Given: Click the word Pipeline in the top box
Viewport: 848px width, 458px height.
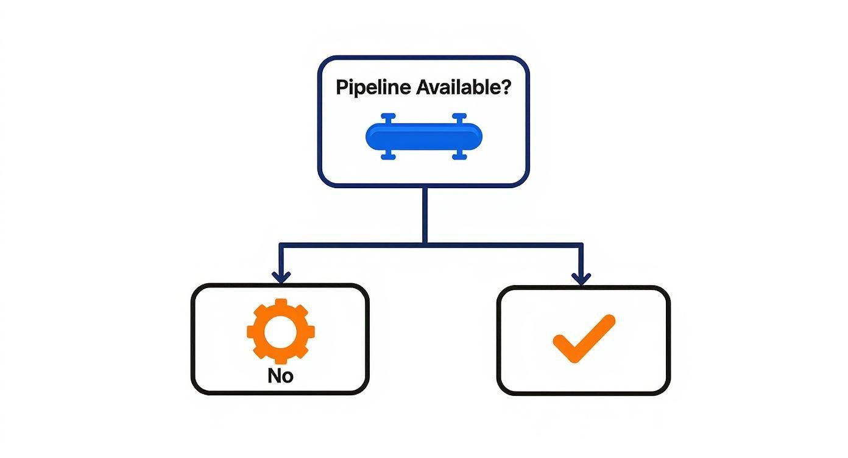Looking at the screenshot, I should [x=373, y=87].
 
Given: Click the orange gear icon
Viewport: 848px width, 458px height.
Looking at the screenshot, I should [x=280, y=331].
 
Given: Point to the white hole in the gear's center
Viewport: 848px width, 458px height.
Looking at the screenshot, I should [x=280, y=331].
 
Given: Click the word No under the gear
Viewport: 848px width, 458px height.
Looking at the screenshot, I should [x=280, y=376].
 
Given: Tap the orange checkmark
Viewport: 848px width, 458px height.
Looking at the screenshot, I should [x=583, y=339].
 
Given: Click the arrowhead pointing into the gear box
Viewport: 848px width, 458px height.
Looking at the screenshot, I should [x=280, y=277].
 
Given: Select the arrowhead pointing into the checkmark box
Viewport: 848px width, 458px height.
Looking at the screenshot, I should [x=581, y=278].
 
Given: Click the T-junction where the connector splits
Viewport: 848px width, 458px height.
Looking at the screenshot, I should [x=424, y=244].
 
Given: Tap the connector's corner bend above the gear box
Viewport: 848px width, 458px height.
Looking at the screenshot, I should [x=281, y=245].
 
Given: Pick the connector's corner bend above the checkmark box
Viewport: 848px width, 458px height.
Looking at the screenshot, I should [x=581, y=245].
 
